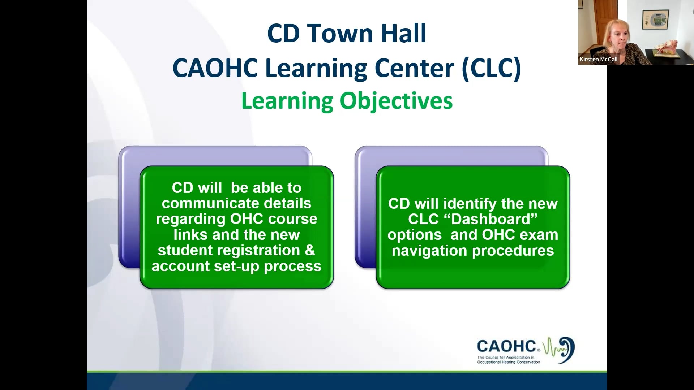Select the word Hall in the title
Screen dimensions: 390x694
404,33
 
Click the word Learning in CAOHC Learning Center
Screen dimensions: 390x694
316,68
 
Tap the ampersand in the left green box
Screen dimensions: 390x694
310,250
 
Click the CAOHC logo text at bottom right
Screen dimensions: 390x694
506,346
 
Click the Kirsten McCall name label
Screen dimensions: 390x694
599,59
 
